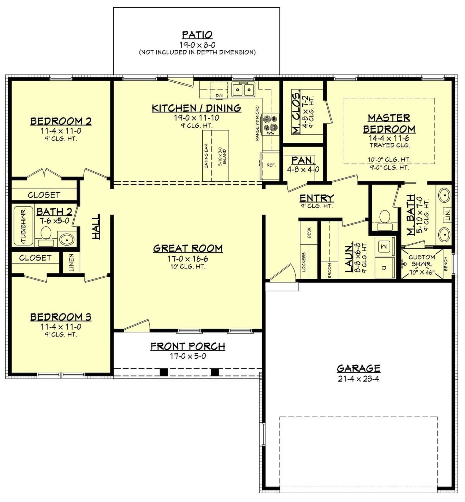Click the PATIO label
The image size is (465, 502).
(197, 35)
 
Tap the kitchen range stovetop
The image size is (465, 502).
(270, 124)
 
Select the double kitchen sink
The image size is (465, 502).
(243, 90)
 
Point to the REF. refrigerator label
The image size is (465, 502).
(271, 165)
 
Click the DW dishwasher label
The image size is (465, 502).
(219, 96)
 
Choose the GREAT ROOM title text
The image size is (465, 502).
(188, 248)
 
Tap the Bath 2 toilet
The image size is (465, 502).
(46, 233)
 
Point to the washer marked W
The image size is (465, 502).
(384, 246)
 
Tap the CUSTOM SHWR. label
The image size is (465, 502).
(422, 261)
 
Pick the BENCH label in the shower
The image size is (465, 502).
(446, 264)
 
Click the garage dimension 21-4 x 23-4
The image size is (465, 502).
(358, 379)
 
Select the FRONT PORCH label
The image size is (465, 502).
(188, 346)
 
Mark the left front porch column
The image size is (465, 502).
(164, 372)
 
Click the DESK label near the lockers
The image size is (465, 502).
(309, 232)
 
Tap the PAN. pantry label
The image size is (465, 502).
(303, 160)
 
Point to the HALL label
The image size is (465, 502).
(96, 226)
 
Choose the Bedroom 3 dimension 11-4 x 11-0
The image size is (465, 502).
(61, 327)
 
